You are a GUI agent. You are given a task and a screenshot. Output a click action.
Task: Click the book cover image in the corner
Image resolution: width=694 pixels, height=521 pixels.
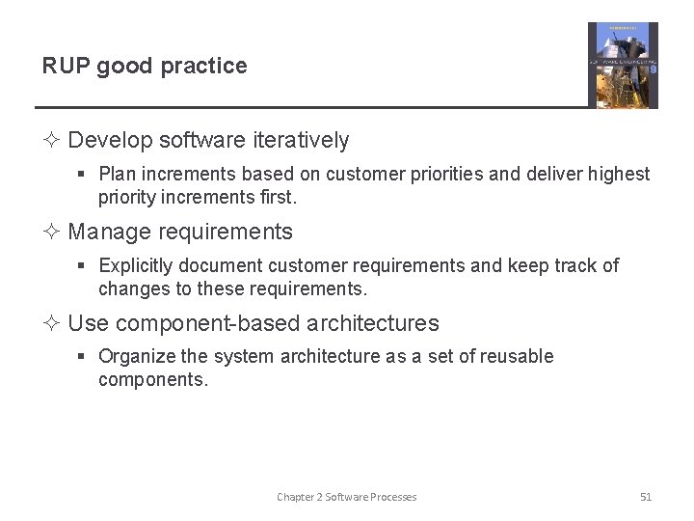pyautogui.click(x=623, y=65)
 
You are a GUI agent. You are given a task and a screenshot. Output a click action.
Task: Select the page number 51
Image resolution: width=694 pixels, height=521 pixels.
pyautogui.click(x=646, y=497)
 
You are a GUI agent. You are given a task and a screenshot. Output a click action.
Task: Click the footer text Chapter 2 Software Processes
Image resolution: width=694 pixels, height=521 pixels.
pyautogui.click(x=347, y=497)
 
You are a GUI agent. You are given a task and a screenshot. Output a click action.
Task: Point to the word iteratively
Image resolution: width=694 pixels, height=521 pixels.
pyautogui.click(x=301, y=141)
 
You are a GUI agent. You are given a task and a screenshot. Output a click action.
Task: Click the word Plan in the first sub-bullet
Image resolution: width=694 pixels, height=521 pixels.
pyautogui.click(x=118, y=175)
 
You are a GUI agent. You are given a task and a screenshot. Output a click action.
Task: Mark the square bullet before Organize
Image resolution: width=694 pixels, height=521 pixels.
pyautogui.click(x=83, y=357)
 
